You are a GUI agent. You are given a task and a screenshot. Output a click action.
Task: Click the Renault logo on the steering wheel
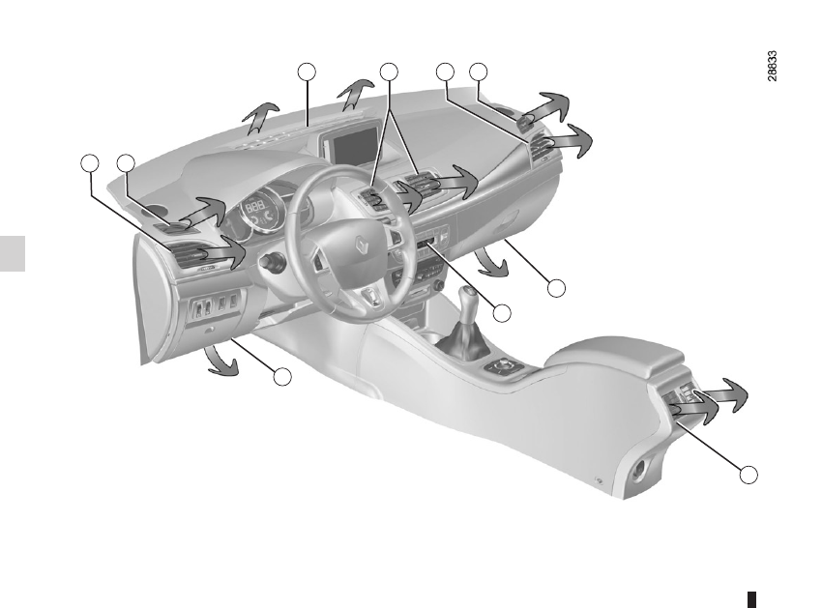[363, 245]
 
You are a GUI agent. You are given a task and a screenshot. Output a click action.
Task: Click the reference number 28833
[772, 66]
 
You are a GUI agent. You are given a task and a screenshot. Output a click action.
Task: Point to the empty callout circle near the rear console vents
[749, 475]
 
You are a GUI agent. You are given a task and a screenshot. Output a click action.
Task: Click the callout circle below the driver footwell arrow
[282, 377]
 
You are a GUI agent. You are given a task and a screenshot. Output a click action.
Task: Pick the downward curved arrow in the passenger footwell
[490, 263]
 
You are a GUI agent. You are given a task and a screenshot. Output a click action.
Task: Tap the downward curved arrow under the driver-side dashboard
[220, 362]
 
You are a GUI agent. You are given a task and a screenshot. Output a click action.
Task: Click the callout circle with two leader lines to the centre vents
[389, 72]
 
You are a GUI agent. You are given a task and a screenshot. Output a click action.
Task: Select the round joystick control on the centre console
[505, 365]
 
